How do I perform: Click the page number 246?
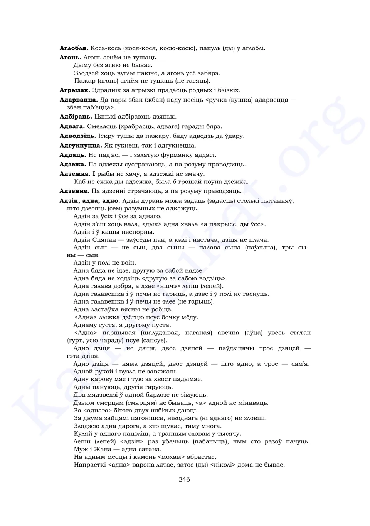(184, 479)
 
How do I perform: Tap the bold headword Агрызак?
(75, 90)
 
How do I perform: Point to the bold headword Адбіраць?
(76, 117)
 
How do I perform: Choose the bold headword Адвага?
(72, 126)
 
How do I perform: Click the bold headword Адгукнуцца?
(81, 146)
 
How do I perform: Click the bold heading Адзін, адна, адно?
(90, 201)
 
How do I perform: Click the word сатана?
(149, 449)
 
